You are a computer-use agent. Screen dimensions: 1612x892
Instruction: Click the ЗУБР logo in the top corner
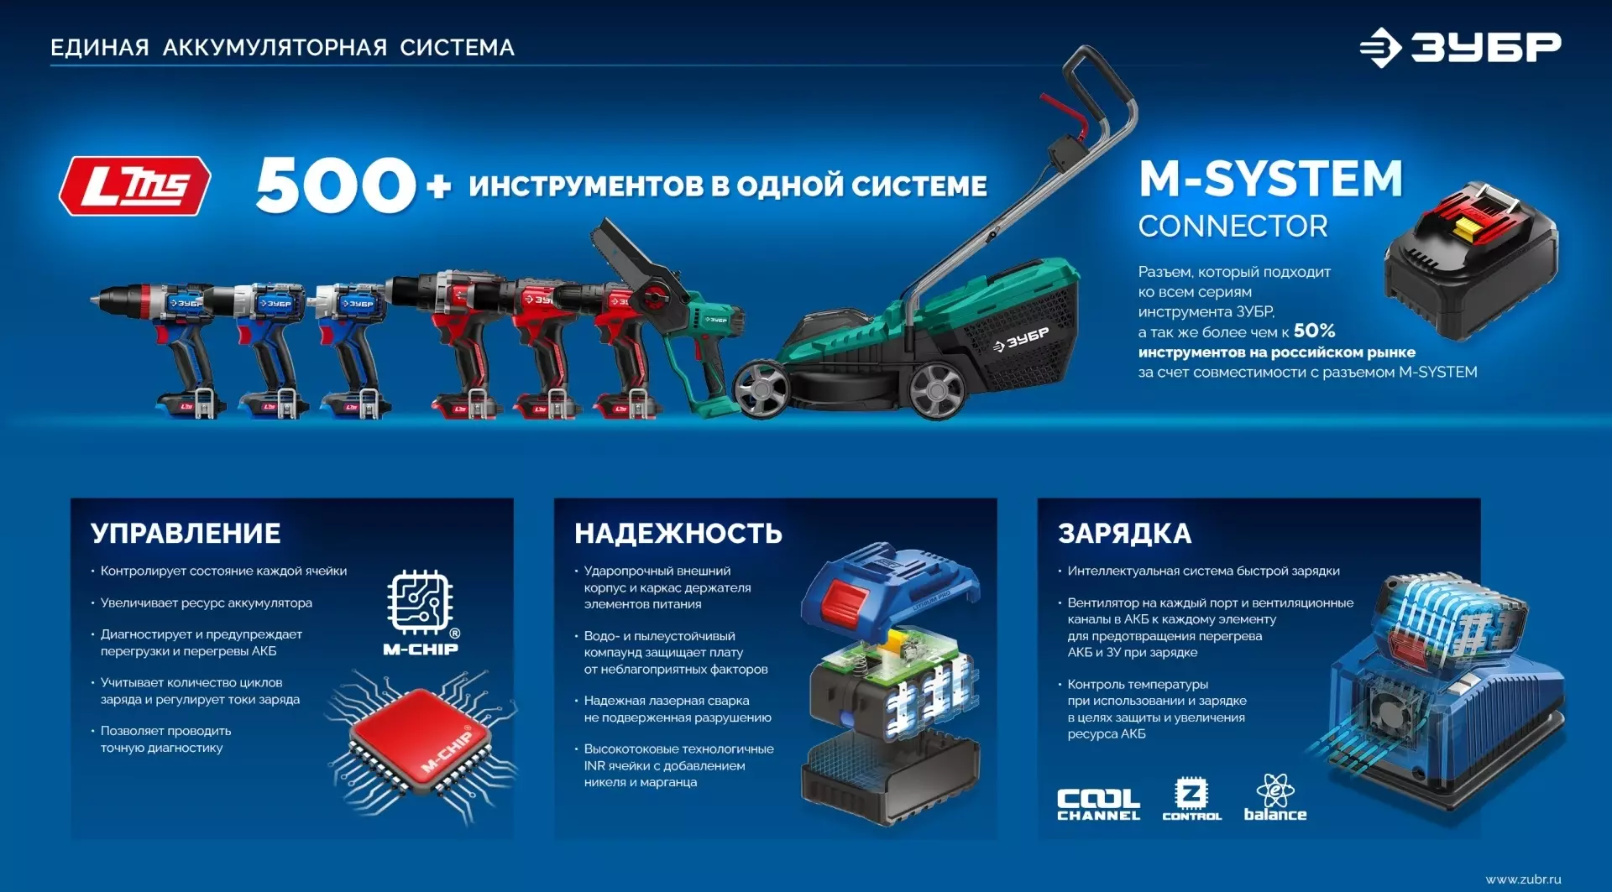click(x=1460, y=47)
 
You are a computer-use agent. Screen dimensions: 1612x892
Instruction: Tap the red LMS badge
click(x=134, y=185)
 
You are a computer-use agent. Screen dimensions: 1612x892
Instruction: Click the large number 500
click(x=336, y=185)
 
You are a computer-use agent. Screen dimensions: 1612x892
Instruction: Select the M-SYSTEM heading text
click(x=1270, y=179)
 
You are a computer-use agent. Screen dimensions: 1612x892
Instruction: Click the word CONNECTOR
click(x=1233, y=227)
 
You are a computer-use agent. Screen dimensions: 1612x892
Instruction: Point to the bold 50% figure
click(x=1314, y=331)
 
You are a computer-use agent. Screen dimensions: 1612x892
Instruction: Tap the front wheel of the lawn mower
click(x=762, y=389)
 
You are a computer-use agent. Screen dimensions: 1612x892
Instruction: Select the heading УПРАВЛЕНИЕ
click(x=186, y=534)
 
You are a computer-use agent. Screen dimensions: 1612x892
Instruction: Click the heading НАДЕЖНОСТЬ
click(x=678, y=534)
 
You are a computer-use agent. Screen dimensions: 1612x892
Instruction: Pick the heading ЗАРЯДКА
click(x=1124, y=534)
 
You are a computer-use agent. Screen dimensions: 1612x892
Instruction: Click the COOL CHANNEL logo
click(x=1098, y=804)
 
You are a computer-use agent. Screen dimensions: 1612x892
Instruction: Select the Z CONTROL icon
click(x=1191, y=798)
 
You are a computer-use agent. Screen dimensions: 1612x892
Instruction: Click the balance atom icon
click(x=1275, y=797)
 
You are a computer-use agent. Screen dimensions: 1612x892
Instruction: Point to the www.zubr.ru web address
click(x=1523, y=879)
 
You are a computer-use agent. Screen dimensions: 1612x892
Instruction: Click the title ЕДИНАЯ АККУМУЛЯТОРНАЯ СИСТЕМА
click(x=283, y=48)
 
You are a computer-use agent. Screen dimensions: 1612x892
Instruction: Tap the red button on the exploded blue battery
click(x=844, y=600)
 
